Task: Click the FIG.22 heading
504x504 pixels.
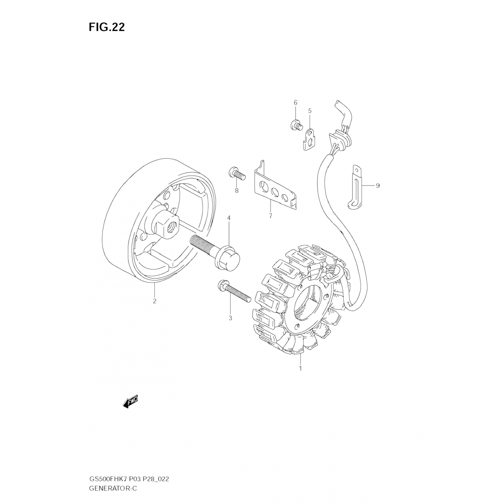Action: click(x=107, y=27)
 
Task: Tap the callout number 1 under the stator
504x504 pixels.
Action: click(x=300, y=368)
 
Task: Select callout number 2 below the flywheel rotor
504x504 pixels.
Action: click(x=155, y=301)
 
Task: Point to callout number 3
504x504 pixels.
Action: click(x=230, y=318)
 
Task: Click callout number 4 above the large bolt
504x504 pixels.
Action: click(x=229, y=218)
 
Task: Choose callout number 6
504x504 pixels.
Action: click(x=296, y=102)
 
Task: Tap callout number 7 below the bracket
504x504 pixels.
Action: click(x=270, y=216)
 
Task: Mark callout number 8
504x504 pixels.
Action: click(x=237, y=191)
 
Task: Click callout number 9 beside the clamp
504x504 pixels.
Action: click(x=378, y=185)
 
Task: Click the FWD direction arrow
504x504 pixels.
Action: click(x=130, y=402)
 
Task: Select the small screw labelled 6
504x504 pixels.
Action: click(x=296, y=125)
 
